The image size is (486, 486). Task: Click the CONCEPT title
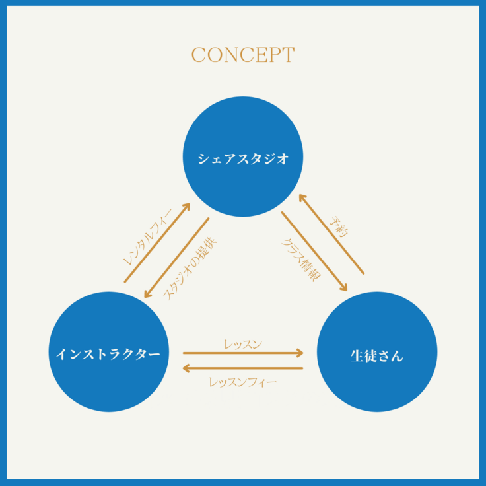[x=243, y=54]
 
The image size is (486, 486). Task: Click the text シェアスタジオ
[x=243, y=158]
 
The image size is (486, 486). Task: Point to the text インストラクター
[x=108, y=354]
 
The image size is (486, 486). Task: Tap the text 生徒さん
[x=377, y=356]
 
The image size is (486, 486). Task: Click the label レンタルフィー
[x=147, y=234]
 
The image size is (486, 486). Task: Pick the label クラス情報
[x=298, y=260]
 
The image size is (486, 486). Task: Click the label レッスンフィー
[x=242, y=382]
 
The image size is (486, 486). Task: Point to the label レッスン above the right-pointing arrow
[x=242, y=343]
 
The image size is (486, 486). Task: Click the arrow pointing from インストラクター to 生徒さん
[x=242, y=353]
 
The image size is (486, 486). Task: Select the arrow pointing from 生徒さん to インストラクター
[x=242, y=368]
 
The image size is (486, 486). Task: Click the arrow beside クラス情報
[x=314, y=252]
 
